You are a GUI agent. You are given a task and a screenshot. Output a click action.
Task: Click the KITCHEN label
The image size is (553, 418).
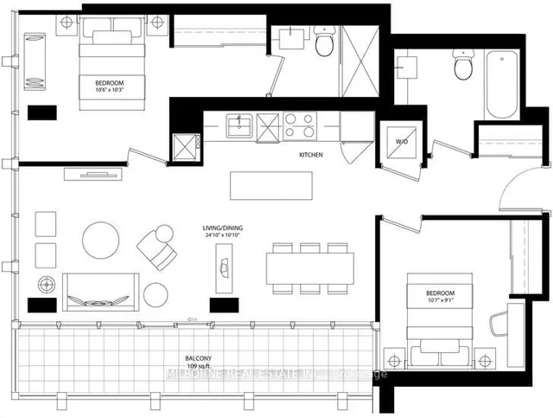311,155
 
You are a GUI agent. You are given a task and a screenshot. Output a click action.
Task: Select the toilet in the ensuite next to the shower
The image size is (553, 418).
324,42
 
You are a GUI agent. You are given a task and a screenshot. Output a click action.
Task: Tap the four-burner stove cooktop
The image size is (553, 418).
299,126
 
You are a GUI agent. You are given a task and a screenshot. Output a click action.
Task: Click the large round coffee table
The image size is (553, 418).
101,240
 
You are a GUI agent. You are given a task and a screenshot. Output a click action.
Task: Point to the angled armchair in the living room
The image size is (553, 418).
156,247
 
